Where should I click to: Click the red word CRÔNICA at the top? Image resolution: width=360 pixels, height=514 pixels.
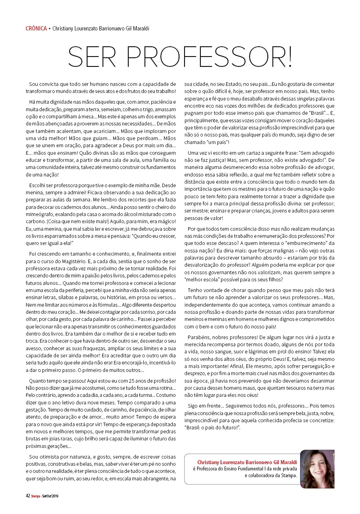[x=36, y=28]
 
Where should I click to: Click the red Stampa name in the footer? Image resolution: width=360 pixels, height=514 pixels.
[x=36, y=496]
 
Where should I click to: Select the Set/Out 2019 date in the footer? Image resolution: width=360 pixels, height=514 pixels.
[x=50, y=496]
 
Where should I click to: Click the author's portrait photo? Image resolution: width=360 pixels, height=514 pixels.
[x=317, y=469]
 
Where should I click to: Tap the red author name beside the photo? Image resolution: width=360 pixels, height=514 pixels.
[x=248, y=462]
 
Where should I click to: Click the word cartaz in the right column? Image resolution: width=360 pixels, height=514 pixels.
[x=252, y=153]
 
